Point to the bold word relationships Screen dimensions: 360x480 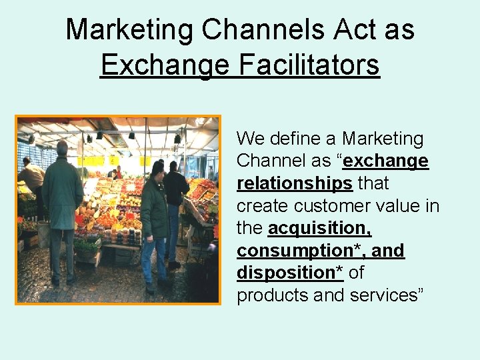click(x=295, y=183)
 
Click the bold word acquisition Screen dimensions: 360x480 click(x=319, y=228)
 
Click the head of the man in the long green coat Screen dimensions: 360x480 click(x=63, y=148)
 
